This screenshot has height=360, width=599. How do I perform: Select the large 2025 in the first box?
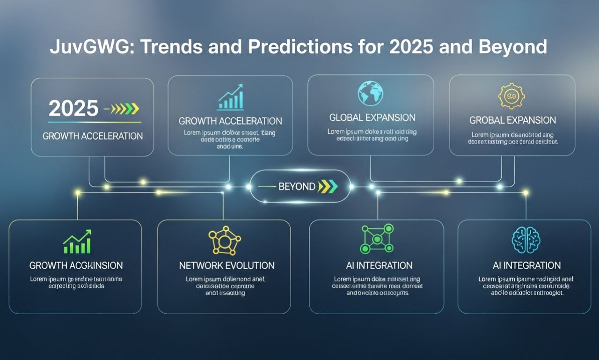(73, 109)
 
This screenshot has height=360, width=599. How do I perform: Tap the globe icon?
(371, 93)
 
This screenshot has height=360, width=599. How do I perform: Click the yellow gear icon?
(511, 96)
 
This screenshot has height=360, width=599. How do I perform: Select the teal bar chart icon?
(230, 98)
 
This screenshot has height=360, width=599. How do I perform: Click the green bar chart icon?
(77, 242)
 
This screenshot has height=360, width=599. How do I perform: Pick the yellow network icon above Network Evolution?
(224, 242)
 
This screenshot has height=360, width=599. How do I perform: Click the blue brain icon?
(526, 240)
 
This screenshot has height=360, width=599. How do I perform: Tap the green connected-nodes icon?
(377, 239)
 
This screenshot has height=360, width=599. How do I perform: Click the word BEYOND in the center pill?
(297, 186)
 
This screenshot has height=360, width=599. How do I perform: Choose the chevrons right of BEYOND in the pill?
(328, 186)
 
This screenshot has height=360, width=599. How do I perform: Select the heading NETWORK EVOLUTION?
(227, 265)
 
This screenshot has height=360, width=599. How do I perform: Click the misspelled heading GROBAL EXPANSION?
(512, 120)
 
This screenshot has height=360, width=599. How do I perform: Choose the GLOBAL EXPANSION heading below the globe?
(372, 118)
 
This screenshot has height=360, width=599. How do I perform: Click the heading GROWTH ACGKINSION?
(76, 265)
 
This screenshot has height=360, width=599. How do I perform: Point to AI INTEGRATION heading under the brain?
(526, 265)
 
